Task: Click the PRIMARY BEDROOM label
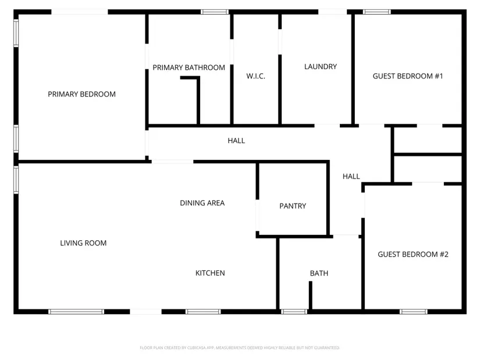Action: pyautogui.click(x=81, y=94)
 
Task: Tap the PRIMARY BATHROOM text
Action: pyautogui.click(x=189, y=67)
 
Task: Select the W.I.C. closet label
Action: pyautogui.click(x=255, y=76)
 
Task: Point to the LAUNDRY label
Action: pyautogui.click(x=321, y=66)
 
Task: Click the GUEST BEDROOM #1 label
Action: pyautogui.click(x=408, y=76)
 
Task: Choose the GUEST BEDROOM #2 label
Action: pyautogui.click(x=413, y=254)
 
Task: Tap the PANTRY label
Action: pyautogui.click(x=293, y=206)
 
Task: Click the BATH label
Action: pyautogui.click(x=319, y=273)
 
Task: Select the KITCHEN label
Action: pyautogui.click(x=210, y=273)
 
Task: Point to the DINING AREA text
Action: pyautogui.click(x=202, y=202)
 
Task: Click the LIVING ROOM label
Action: pyautogui.click(x=83, y=243)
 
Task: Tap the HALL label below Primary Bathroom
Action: pyautogui.click(x=236, y=141)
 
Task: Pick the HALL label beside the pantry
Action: pyautogui.click(x=351, y=176)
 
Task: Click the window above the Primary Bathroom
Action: pyautogui.click(x=215, y=12)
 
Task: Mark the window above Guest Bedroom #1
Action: pyautogui.click(x=377, y=12)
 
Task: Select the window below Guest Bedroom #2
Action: pyautogui.click(x=413, y=312)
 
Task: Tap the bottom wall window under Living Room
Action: pyautogui.click(x=76, y=312)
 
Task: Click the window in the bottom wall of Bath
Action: pyautogui.click(x=294, y=312)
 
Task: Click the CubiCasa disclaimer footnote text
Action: pyautogui.click(x=240, y=348)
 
